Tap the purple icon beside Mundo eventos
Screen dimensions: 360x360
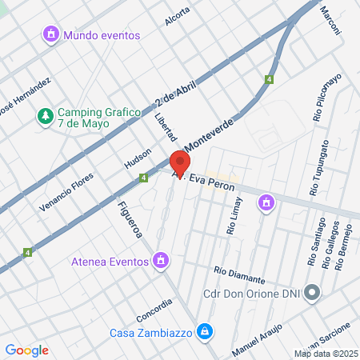point(52,35)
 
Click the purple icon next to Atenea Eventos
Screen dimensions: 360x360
point(162,260)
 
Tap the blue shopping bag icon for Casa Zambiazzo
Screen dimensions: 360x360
point(206,330)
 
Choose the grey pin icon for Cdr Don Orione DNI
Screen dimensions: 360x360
point(312,294)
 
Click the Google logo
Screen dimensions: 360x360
point(26,350)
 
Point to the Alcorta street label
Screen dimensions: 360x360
point(178,17)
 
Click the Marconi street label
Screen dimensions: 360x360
point(330,21)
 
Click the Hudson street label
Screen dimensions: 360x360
point(137,158)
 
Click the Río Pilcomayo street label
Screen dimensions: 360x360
point(328,98)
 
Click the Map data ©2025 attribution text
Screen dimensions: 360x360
point(325,354)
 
